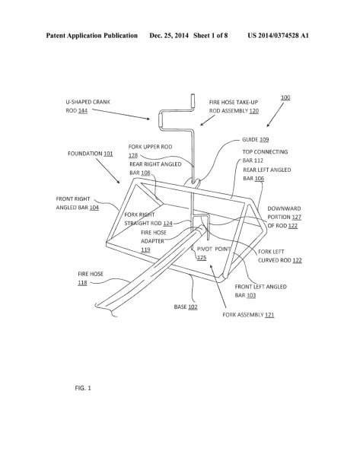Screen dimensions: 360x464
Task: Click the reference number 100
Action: tap(285, 97)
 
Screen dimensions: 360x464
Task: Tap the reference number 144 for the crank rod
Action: tap(83, 110)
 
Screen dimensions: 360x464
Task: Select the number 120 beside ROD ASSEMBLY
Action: tap(254, 111)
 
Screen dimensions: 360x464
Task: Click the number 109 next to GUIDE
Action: tap(264, 139)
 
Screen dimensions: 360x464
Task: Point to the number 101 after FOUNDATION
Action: tap(108, 154)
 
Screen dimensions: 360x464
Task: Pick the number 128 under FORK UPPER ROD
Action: tap(133, 155)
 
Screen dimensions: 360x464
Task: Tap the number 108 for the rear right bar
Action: tap(145, 173)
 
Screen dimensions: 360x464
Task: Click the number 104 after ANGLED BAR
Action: tap(94, 208)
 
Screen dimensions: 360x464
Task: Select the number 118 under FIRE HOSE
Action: tap(83, 283)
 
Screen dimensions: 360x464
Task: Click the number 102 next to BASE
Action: tap(193, 307)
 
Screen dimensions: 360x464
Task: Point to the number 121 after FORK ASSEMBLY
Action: tap(269, 315)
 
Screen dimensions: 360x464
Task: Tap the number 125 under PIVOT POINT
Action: tap(202, 257)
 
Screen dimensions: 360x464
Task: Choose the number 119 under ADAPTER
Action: tap(145, 249)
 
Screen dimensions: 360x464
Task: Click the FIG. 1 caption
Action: tap(83, 388)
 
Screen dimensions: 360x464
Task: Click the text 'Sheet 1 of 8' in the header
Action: tap(211, 36)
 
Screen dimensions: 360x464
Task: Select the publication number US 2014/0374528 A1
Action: tap(279, 36)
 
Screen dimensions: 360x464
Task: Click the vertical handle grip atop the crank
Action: tap(193, 102)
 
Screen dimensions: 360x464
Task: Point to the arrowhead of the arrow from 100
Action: tap(268, 126)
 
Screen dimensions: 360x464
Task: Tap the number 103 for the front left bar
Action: tap(251, 295)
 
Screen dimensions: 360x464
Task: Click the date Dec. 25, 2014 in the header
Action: tap(169, 36)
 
